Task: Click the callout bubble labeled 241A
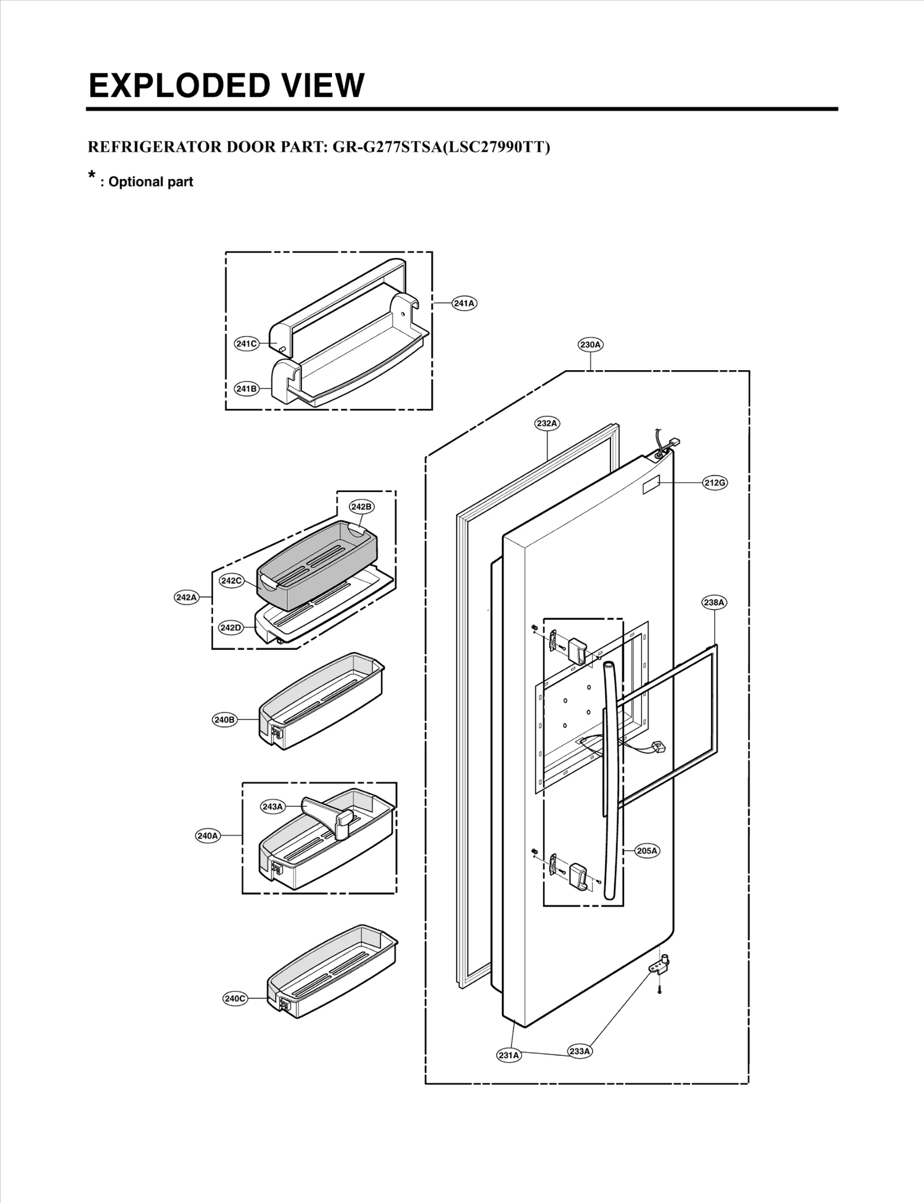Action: click(464, 303)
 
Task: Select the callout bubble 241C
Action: click(246, 344)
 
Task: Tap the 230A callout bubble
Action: click(590, 345)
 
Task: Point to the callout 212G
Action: click(714, 483)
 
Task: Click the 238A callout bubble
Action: click(714, 602)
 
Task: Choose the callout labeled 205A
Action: click(647, 851)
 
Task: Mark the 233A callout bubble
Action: click(579, 1051)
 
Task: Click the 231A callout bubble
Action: click(509, 1055)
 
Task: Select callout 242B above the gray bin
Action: click(362, 506)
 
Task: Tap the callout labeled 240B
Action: click(225, 720)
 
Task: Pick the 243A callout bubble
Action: click(273, 807)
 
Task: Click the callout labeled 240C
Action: click(235, 999)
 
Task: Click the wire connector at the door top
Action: click(672, 444)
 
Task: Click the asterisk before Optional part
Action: click(91, 175)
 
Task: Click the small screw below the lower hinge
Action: click(660, 990)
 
